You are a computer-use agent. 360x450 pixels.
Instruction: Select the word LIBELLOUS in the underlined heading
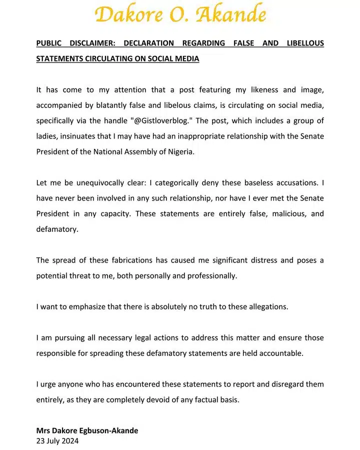click(x=305, y=43)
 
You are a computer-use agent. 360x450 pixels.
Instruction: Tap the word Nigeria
click(x=177, y=152)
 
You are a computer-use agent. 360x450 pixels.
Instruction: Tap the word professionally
click(x=212, y=275)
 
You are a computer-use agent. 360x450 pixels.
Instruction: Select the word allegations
click(x=265, y=306)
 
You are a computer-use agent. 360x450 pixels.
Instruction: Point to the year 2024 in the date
click(x=69, y=441)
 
